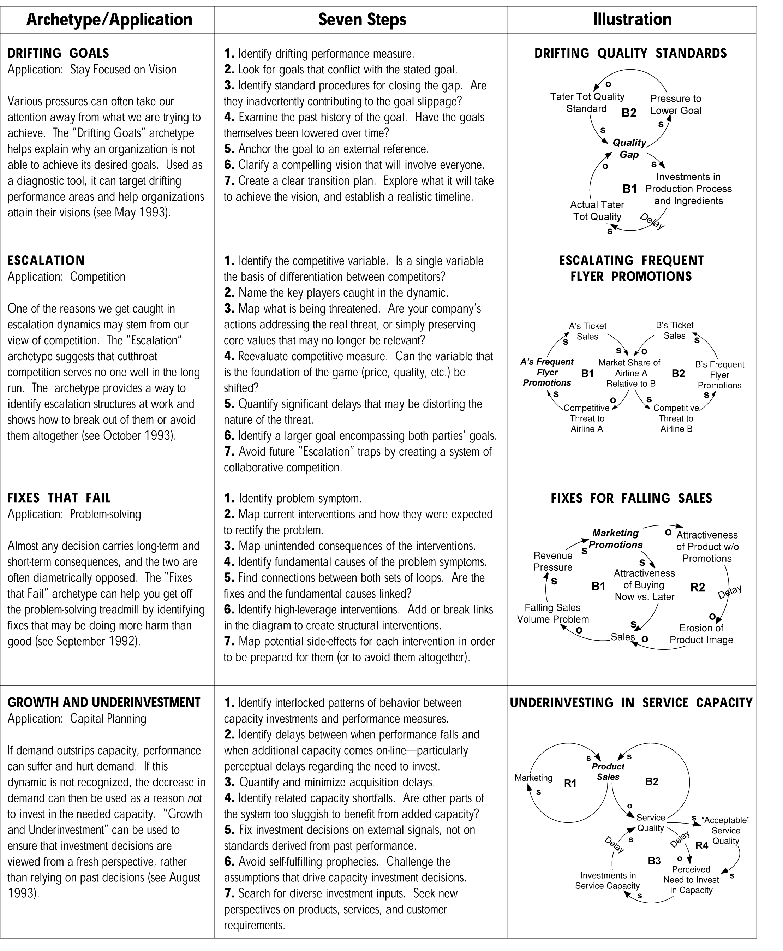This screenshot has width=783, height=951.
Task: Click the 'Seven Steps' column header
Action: coord(362,20)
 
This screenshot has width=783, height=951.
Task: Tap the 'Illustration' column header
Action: coord(632,20)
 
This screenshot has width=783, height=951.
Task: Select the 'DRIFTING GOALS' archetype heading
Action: coord(58,53)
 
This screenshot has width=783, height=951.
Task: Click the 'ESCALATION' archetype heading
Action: coord(46,260)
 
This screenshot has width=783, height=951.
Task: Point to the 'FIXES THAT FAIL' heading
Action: coord(59,498)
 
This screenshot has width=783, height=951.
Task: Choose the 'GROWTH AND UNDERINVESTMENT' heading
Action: coord(104,702)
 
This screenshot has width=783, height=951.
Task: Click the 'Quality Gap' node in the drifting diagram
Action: coord(629,148)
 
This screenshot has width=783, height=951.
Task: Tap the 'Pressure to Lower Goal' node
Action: coord(676,104)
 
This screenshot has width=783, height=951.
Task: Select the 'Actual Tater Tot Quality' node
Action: coord(597,211)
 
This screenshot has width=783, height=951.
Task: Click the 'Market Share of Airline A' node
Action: coord(630,373)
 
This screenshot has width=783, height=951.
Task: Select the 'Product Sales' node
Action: coord(608,772)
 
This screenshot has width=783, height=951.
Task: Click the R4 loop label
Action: coord(702,845)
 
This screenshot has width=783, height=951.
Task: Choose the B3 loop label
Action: coord(654,861)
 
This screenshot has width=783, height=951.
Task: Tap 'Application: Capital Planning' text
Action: coord(77,719)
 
